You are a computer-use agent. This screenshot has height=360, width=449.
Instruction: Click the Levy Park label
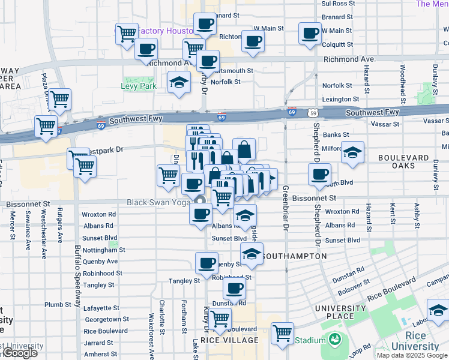point(139,86)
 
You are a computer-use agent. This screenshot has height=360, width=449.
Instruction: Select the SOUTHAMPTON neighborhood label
point(296,256)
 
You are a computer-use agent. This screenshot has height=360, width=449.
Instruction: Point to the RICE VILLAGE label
point(230,340)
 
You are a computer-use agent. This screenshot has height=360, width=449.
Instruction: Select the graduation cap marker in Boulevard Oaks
point(353,152)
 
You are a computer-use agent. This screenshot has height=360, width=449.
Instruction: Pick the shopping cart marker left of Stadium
point(282,333)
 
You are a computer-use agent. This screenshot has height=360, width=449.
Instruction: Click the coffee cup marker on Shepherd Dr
point(319,175)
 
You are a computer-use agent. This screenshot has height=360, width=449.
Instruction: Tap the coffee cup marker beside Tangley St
point(206,263)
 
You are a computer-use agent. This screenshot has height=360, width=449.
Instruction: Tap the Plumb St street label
point(58,305)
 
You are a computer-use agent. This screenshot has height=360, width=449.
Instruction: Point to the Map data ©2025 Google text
point(412,355)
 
